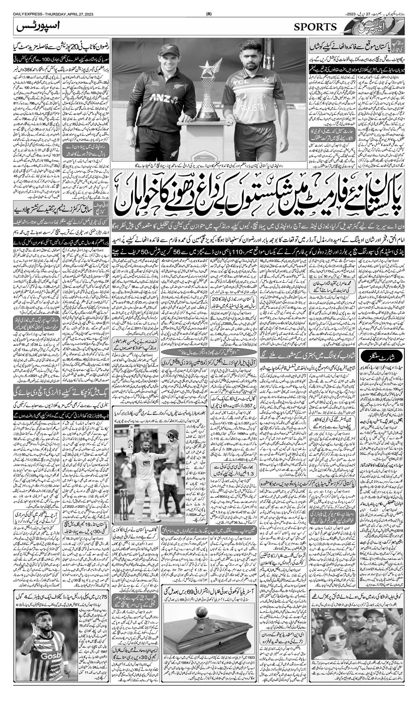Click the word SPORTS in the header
pos(315,27)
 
